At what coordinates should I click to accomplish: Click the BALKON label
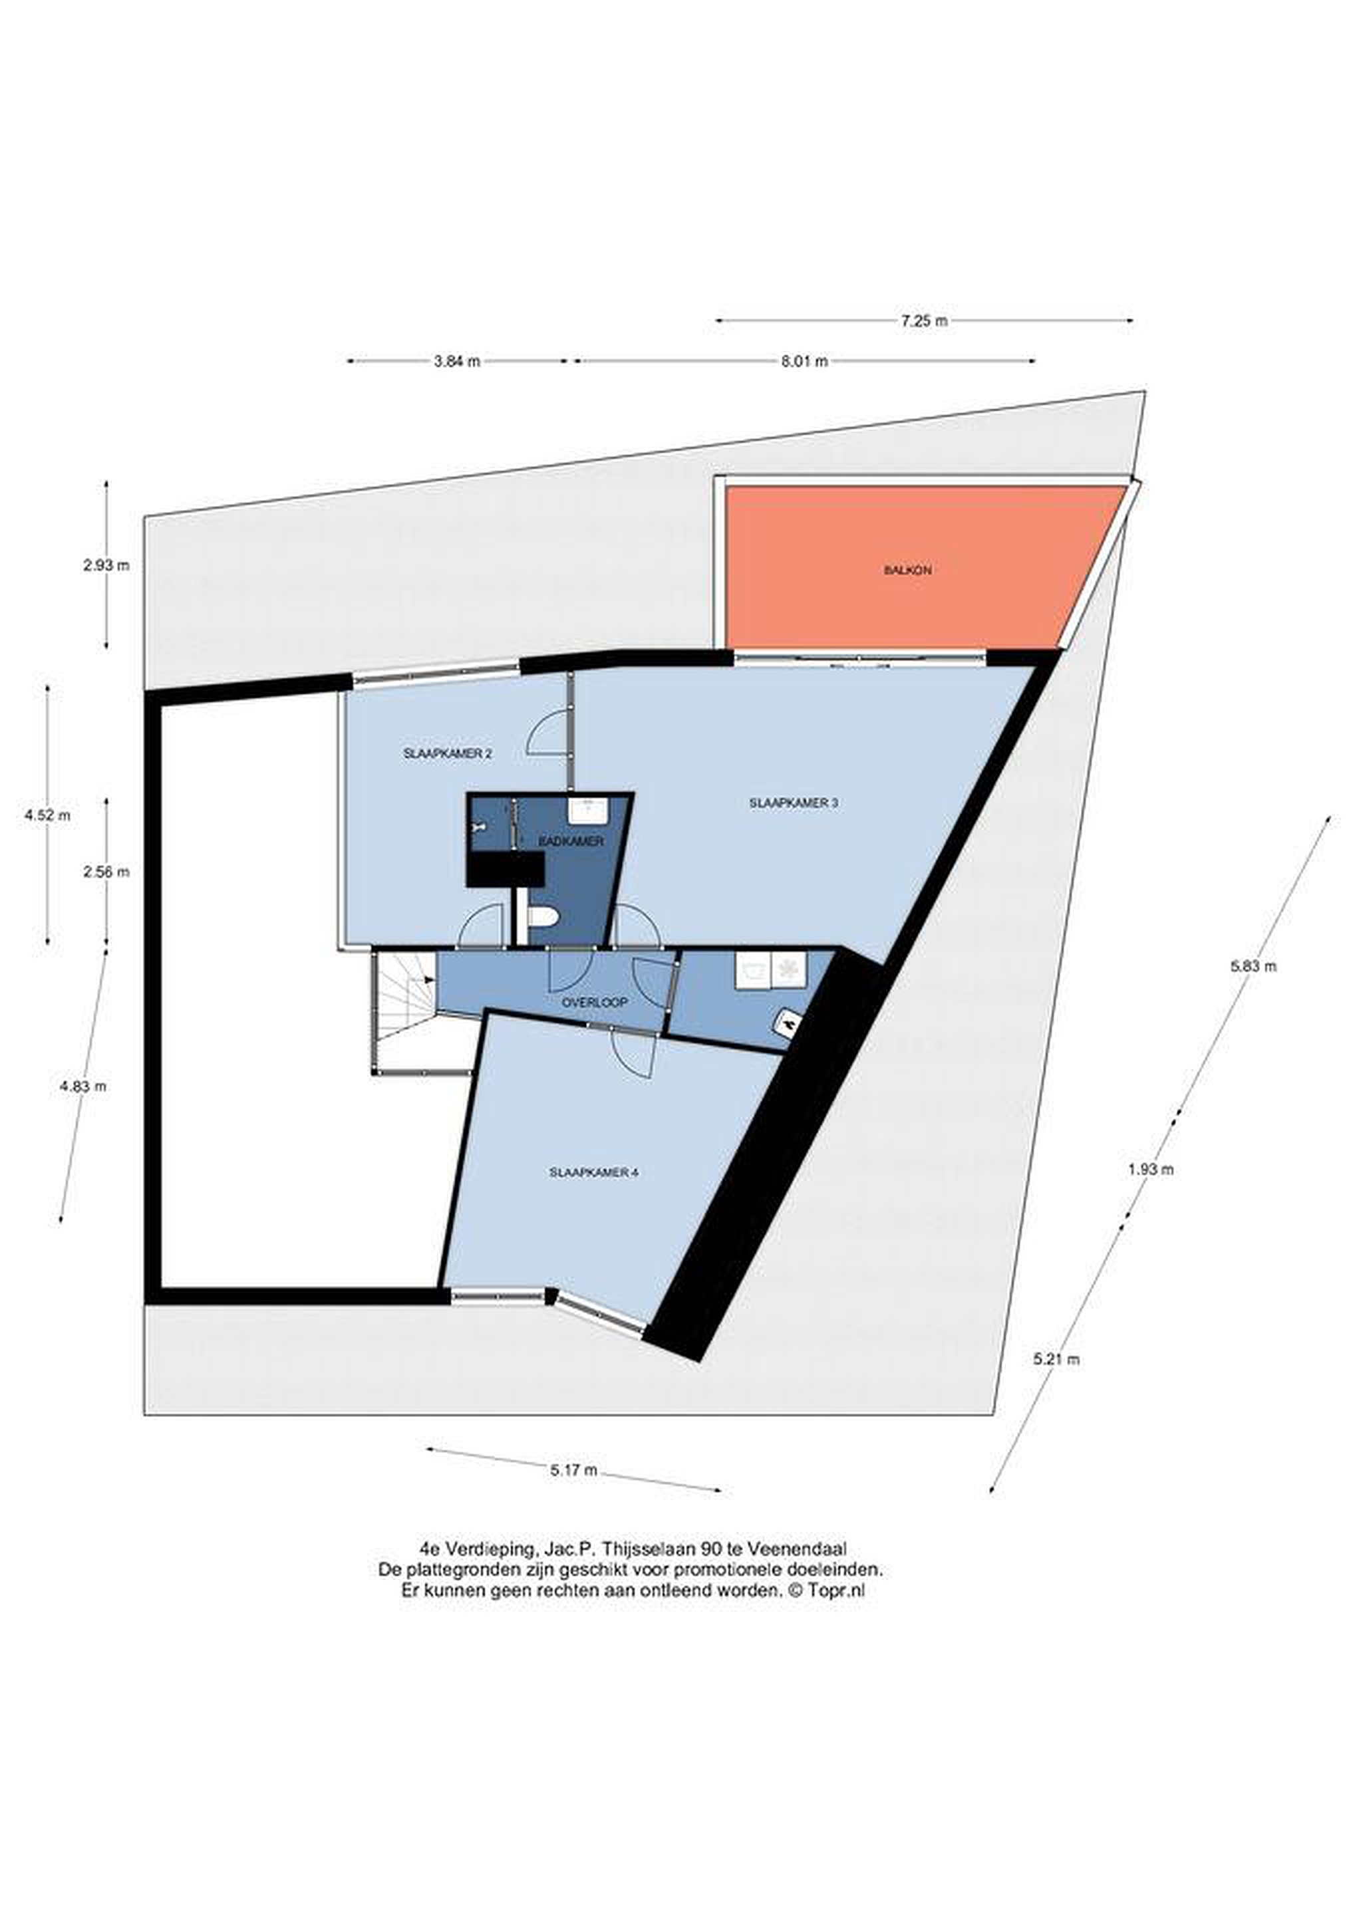click(908, 571)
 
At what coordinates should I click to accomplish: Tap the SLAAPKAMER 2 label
click(447, 753)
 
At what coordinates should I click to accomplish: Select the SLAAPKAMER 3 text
click(794, 803)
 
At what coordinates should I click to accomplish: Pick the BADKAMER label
click(571, 842)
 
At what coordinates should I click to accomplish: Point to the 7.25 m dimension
click(924, 320)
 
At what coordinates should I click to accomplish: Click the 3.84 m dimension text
click(456, 361)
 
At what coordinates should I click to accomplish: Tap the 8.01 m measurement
click(805, 361)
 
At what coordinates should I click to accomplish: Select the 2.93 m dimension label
click(106, 565)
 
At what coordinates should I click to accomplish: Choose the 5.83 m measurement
click(1253, 967)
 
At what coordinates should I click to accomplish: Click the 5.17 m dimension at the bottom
click(573, 1470)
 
